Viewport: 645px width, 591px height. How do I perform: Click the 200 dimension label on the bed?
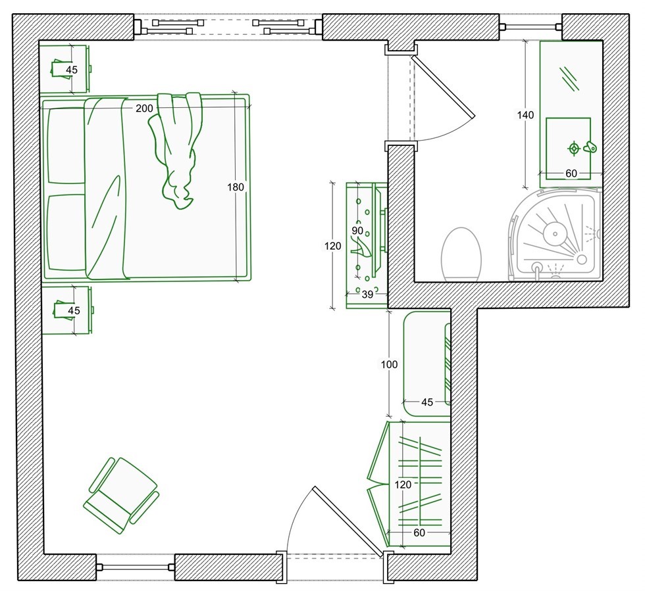coord(144,108)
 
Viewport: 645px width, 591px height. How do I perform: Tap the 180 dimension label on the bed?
coord(236,187)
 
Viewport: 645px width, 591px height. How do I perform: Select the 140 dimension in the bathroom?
coord(525,115)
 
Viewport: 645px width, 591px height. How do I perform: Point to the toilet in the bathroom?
coord(461,255)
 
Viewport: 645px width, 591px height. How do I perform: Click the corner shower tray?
coord(555,234)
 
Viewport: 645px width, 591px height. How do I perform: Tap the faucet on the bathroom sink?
coord(590,147)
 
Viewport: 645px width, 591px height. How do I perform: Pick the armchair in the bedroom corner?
coord(121,495)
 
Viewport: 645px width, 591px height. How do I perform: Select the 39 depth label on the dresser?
coord(367,295)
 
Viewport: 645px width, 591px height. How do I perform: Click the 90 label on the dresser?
coord(357,231)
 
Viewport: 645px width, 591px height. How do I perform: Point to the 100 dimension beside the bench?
coord(389,365)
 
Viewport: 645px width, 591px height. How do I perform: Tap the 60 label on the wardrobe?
coord(419,532)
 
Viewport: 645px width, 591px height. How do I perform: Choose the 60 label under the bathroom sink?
coord(571,174)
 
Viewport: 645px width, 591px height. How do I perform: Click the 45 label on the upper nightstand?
coord(72,70)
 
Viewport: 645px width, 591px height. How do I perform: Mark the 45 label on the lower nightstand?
coord(74,311)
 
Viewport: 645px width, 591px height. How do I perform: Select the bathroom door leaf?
coord(444,86)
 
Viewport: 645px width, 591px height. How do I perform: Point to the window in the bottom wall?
coord(136,567)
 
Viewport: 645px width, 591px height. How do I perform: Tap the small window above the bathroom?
coord(530,27)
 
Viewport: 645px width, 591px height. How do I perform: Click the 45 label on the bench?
coord(427,402)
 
